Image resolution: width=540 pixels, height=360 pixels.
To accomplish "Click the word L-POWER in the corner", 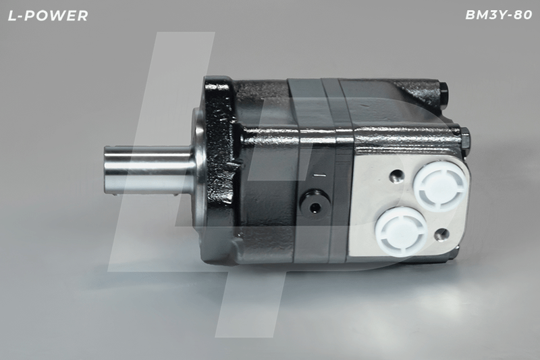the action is click(48, 16).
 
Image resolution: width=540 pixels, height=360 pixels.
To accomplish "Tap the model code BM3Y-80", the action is click(499, 15).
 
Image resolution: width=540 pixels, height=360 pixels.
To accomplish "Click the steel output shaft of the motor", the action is click(148, 171).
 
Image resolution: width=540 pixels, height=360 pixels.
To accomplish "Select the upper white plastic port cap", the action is click(441, 184).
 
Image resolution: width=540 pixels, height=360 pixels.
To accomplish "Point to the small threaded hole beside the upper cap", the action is click(396, 176).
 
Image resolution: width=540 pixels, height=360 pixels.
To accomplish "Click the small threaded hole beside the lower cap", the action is click(441, 235).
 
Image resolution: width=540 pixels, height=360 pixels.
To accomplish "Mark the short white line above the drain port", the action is click(319, 176).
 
